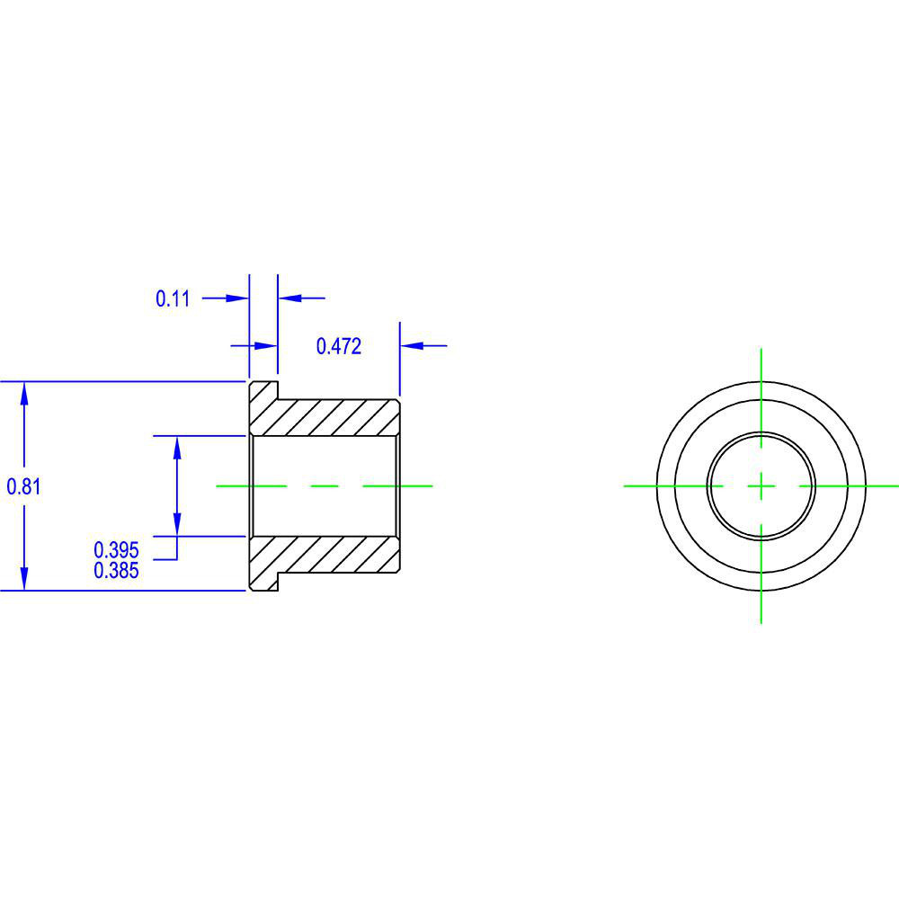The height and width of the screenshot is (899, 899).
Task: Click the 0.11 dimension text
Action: tap(174, 298)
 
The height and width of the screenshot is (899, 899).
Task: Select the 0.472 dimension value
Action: tap(339, 346)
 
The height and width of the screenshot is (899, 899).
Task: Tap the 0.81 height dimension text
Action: tap(24, 486)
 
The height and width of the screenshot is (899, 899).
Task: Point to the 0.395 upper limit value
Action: tap(117, 549)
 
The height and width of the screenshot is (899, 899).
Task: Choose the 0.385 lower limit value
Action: tap(117, 570)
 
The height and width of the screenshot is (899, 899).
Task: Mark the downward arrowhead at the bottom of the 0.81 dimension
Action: tap(24, 580)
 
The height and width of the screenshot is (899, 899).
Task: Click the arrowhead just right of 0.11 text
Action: tap(237, 298)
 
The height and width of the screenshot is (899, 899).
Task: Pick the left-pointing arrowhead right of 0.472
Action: tap(411, 344)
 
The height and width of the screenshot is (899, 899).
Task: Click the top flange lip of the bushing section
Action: tap(263, 391)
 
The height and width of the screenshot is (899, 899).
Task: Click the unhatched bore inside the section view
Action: tap(324, 485)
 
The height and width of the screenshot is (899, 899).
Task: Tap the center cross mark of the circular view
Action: tap(761, 485)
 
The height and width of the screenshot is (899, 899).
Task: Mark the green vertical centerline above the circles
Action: tap(761, 364)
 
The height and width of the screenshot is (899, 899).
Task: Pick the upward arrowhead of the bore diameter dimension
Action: tap(177, 446)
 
